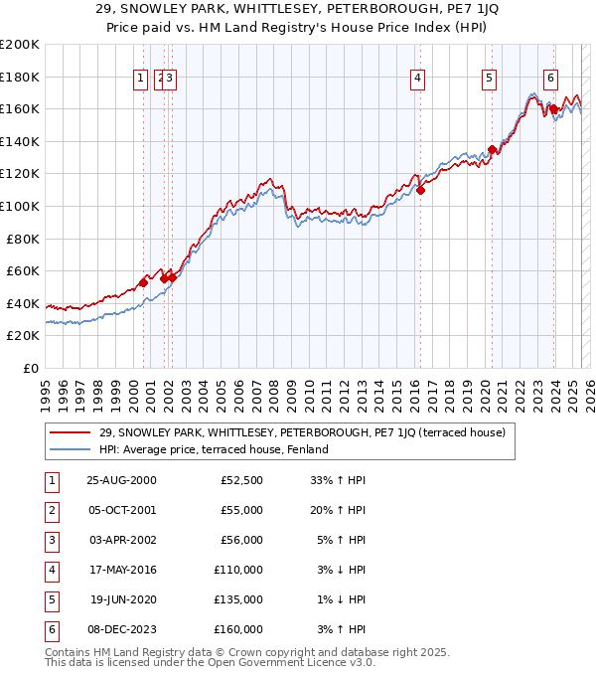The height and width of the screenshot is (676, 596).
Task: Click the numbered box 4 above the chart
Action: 418,80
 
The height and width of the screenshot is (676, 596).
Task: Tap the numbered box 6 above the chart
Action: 550,80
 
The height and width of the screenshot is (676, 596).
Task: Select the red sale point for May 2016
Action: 420,190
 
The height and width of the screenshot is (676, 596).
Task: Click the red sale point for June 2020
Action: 492,149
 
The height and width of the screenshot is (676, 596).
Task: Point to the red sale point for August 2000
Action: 144,283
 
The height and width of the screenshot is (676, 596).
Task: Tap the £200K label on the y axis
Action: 20,45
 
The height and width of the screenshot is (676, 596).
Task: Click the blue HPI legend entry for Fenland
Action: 214,449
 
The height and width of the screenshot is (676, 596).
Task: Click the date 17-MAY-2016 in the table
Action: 121,571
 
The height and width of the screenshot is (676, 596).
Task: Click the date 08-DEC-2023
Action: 121,629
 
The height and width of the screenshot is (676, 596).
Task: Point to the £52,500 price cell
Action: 239,480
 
